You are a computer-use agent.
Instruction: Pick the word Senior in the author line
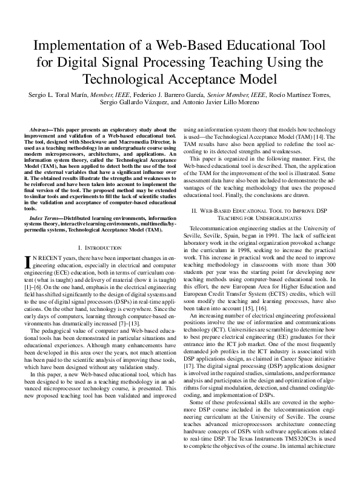(x=219, y=95)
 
